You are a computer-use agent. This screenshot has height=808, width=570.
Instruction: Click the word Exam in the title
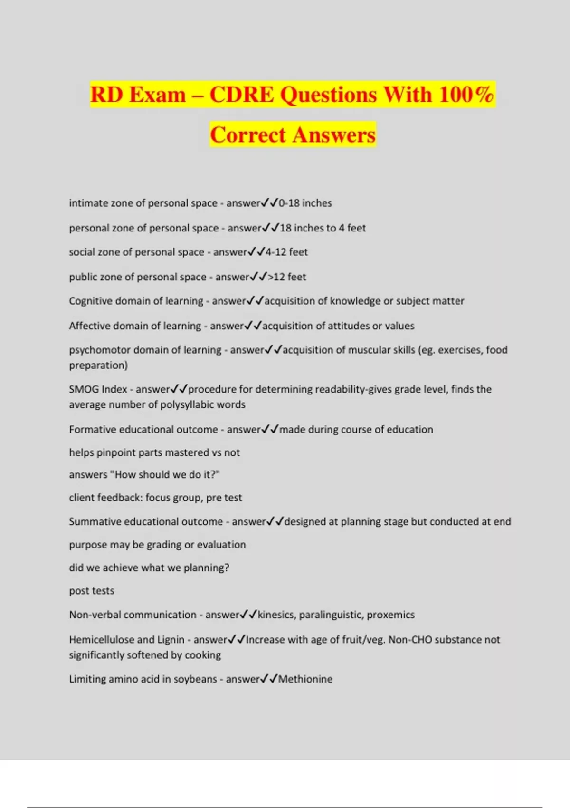tap(157, 94)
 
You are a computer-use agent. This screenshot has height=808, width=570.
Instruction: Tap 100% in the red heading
tap(466, 94)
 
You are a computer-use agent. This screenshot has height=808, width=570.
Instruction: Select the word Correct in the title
tap(247, 135)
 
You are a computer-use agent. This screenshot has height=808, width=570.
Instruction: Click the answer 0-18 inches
tap(305, 203)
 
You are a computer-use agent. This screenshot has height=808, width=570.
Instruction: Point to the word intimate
tap(88, 203)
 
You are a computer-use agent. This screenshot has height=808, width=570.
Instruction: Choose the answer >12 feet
tap(287, 277)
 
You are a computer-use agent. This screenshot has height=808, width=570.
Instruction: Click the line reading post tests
tap(92, 591)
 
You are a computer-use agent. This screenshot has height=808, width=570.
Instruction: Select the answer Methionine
tap(305, 679)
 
